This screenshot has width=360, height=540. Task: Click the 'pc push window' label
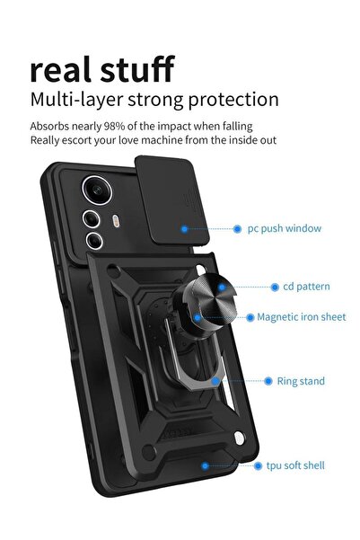point(284,229)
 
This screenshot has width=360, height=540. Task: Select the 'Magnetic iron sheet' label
point(301,317)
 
